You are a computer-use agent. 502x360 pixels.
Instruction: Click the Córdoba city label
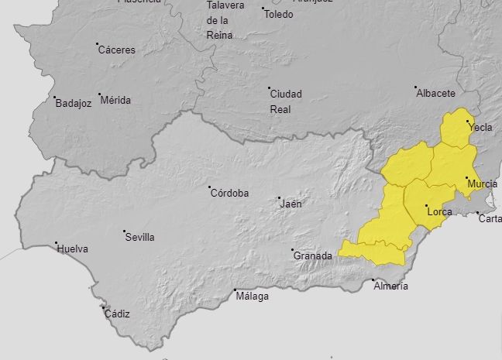230,193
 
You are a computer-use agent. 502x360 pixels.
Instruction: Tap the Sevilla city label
140,237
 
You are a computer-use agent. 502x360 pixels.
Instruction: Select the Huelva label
72,249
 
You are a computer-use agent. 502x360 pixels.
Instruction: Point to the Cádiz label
117,314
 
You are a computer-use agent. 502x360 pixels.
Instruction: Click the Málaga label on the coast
253,297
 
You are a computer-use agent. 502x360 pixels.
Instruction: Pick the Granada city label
314,256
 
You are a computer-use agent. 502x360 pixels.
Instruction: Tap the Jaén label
291,204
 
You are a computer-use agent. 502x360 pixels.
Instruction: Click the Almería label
390,286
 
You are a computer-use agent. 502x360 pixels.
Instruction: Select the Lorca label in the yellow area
440,211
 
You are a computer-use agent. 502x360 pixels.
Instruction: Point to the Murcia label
483,184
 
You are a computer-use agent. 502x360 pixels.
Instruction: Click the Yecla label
480,128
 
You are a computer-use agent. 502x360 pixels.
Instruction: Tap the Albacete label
436,93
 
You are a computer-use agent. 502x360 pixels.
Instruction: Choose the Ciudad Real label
286,101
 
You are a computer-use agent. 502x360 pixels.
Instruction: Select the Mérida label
116,100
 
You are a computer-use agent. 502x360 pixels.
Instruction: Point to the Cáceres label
117,50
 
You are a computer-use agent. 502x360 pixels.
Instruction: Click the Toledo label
279,14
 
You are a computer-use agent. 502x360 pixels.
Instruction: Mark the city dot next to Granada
293,250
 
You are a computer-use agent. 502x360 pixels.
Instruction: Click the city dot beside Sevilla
125,231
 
